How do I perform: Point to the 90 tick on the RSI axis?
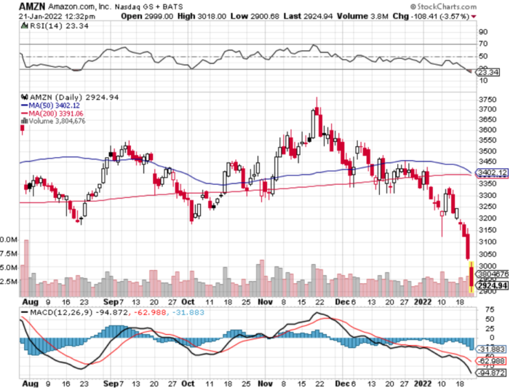click(482, 32)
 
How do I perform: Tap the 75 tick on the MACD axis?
click(482, 309)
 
